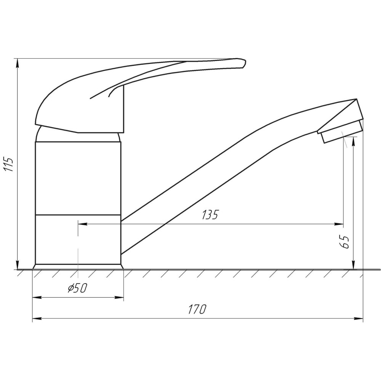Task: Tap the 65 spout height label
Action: (345, 242)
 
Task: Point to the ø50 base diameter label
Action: (77, 288)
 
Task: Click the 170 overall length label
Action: (197, 309)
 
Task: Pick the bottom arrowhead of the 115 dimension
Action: (18, 265)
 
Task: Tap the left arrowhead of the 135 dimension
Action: (82, 224)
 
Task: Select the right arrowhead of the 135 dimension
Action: (339, 224)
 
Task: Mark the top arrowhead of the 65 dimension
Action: (354, 141)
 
